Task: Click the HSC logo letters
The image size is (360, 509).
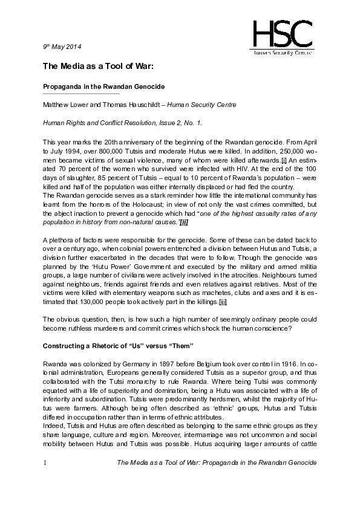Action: pos(283,33)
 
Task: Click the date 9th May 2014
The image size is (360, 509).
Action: pos(62,47)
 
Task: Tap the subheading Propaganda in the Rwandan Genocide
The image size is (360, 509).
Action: pos(95,86)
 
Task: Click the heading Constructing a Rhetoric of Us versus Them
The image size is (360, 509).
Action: pos(117,345)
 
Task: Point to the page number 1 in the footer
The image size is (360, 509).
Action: pos(45,463)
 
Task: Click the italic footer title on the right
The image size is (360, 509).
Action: pos(216,463)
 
